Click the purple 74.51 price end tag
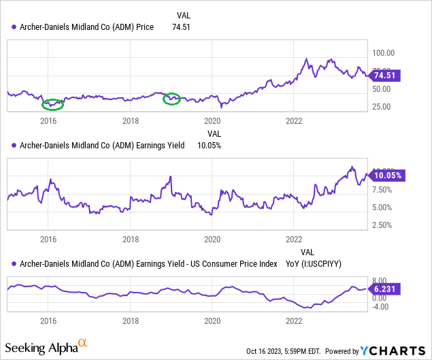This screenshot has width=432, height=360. click(x=386, y=76)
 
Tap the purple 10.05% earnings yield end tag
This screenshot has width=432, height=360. click(x=386, y=175)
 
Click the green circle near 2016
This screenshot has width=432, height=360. click(x=52, y=104)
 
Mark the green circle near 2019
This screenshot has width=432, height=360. click(x=173, y=99)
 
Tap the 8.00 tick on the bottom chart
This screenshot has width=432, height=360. click(x=380, y=280)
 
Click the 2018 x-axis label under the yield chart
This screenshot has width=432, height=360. click(x=131, y=240)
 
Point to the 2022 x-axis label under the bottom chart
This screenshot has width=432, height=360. click(x=294, y=321)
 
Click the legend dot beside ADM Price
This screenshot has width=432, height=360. click(x=14, y=27)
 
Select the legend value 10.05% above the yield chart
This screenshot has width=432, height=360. click(x=208, y=145)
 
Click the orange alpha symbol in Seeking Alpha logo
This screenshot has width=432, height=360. click(x=84, y=344)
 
